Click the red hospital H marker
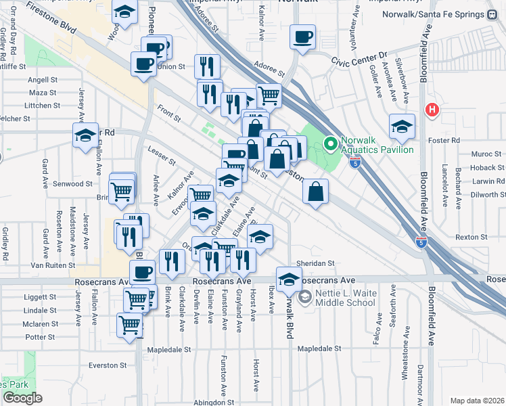(x=431, y=110)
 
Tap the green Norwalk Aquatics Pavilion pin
(x=331, y=143)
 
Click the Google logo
(x=22, y=398)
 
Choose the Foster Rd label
(x=446, y=140)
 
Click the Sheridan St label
(x=315, y=263)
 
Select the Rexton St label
(x=471, y=237)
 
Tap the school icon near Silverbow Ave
(x=402, y=126)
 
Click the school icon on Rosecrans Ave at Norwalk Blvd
(x=289, y=279)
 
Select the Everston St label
(x=108, y=365)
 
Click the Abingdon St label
(x=212, y=401)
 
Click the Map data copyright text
(x=477, y=401)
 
